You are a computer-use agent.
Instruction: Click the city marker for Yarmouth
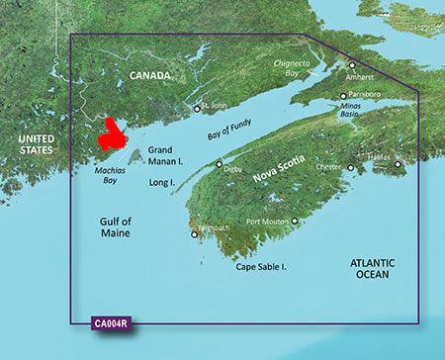(194, 235)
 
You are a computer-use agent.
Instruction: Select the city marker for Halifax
(399, 164)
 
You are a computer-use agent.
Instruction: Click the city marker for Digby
(220, 163)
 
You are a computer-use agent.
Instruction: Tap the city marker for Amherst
(350, 64)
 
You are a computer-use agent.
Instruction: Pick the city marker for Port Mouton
(295, 221)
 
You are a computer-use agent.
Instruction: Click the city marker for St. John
(197, 108)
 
